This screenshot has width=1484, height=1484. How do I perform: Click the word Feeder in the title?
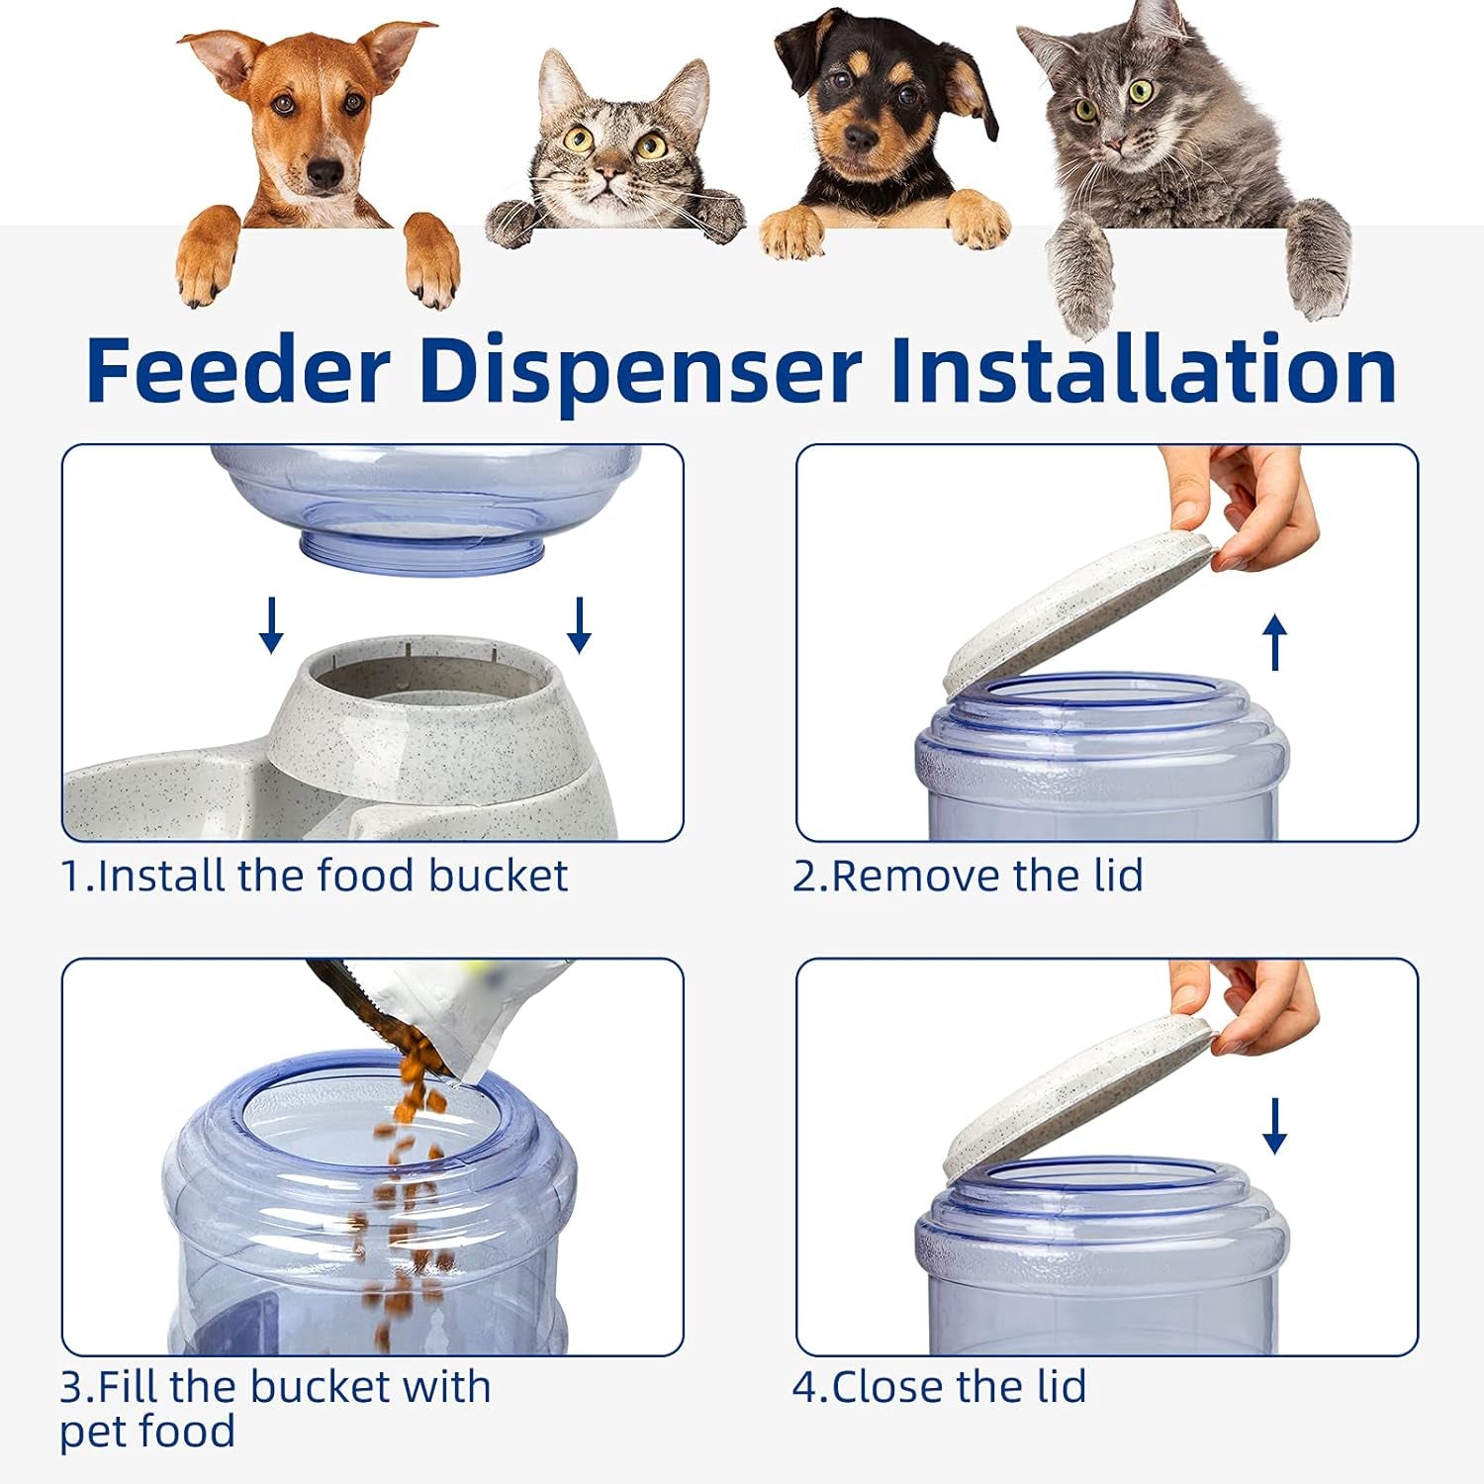pos(237,369)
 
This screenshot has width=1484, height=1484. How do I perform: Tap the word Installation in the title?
pos(1143,369)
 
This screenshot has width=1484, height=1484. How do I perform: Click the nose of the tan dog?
pos(324,175)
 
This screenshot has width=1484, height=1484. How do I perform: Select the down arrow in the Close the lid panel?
pos(1275,1126)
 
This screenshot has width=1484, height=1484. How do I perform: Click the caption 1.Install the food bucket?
pos(315,877)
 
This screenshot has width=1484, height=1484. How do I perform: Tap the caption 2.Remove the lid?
pos(968,877)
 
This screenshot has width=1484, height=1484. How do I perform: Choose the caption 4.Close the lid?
pos(939,1387)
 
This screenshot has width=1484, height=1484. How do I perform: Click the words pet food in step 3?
pos(147,1432)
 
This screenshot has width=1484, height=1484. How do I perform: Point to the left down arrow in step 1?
pos(271,624)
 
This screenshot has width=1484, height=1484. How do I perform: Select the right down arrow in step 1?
pos(580,624)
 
